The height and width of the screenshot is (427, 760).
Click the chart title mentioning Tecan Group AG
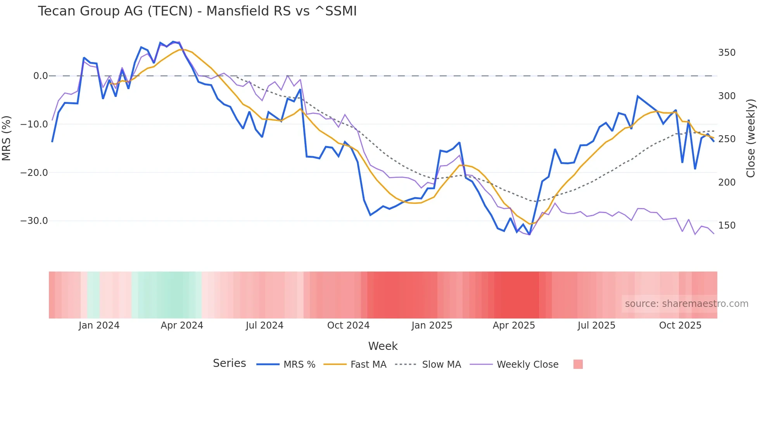pos(197,11)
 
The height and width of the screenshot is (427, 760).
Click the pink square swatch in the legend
pos(578,364)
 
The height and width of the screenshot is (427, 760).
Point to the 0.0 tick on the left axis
pos(40,76)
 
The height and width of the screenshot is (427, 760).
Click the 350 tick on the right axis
pos(727,53)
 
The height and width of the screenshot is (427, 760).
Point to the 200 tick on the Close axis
pos(727,182)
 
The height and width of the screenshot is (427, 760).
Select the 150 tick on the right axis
pos(727,226)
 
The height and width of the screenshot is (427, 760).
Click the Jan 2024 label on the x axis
pos(99,325)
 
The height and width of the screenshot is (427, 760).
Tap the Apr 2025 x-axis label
pos(514,325)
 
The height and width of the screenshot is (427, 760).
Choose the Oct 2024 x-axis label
pos(348,325)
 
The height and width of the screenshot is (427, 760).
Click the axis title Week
pos(383,346)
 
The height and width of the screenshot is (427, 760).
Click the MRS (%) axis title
pos(7,138)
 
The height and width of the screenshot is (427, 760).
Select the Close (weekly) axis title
pos(751,138)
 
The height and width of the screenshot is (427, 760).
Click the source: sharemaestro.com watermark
pos(686,304)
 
